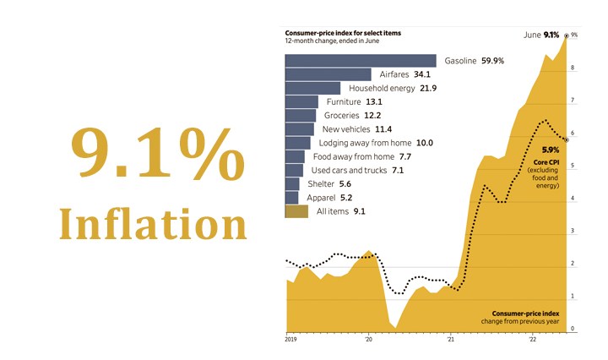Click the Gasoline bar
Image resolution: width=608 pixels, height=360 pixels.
pos(361,61)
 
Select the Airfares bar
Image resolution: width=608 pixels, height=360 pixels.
pos(328,74)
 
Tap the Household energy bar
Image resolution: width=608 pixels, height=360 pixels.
pos(312,88)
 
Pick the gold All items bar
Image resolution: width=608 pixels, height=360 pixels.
pos(296,211)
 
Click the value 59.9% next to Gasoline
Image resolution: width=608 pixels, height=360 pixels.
pos(499,61)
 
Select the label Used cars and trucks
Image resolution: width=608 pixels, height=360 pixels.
pos(349,171)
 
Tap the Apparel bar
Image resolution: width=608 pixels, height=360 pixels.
pos(291,198)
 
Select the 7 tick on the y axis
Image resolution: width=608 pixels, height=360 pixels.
pos(573,101)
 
